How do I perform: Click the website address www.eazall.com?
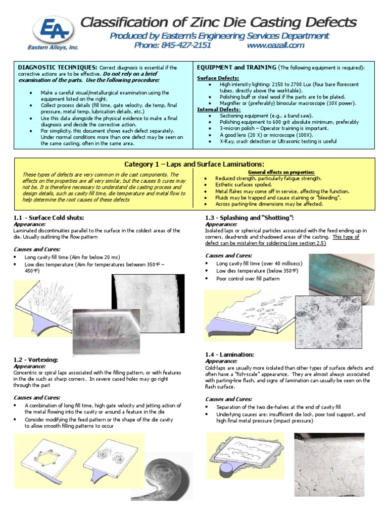coord(275,45)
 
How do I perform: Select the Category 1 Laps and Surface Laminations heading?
coord(194,164)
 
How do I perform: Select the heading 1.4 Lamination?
coord(229,355)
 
